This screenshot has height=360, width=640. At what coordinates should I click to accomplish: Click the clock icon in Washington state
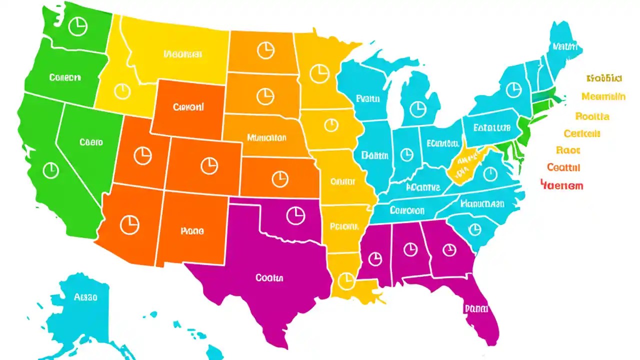[x=77, y=26]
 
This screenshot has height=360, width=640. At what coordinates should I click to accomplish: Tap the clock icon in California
[x=50, y=170]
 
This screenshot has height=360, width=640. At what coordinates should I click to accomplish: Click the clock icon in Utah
[x=143, y=155]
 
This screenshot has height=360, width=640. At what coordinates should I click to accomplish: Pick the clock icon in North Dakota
[x=265, y=49]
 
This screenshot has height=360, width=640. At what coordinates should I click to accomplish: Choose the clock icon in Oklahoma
[x=295, y=215]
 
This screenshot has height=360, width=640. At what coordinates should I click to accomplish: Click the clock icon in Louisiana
[x=345, y=280]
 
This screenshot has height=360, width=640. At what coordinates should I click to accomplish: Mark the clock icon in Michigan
[x=416, y=108]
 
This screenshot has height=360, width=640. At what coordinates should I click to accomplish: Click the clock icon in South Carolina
[x=473, y=228]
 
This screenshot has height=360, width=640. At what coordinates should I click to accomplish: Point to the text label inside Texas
[x=269, y=277]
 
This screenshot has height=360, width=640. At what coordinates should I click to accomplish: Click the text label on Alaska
[x=85, y=297]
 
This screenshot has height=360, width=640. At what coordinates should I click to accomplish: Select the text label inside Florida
[x=475, y=308]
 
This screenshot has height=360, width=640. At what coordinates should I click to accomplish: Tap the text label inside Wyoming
[x=188, y=107]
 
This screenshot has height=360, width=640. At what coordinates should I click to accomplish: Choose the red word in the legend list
[x=562, y=185]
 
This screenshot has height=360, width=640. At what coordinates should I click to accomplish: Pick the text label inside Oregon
[x=65, y=77]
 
